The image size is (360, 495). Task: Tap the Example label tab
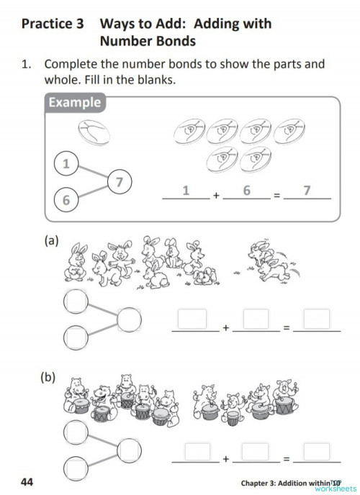click(x=74, y=102)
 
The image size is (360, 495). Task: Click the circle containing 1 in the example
click(x=66, y=164)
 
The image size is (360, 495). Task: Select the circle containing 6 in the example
click(x=66, y=200)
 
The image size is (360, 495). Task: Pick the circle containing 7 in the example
click(x=120, y=182)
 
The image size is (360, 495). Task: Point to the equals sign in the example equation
click(x=276, y=195)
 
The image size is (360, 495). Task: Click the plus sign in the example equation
click(x=215, y=195)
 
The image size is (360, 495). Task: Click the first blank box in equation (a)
click(x=192, y=319)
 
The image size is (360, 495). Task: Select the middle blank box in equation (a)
click(x=256, y=319)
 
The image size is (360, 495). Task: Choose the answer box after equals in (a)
click(x=316, y=319)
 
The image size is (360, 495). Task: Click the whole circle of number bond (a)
click(x=130, y=318)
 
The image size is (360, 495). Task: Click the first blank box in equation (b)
click(x=192, y=450)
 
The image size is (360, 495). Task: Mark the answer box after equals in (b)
click(x=316, y=450)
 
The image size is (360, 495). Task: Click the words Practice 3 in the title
click(x=53, y=24)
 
